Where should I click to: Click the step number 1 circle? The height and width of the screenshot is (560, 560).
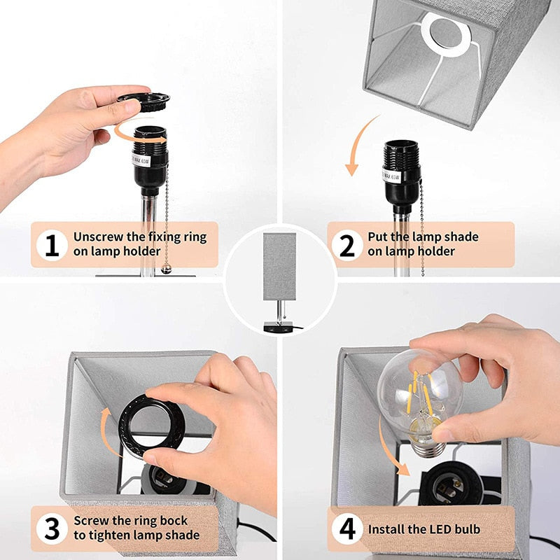pos(51,245)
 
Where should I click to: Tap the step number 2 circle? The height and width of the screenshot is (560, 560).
pos(347,245)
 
